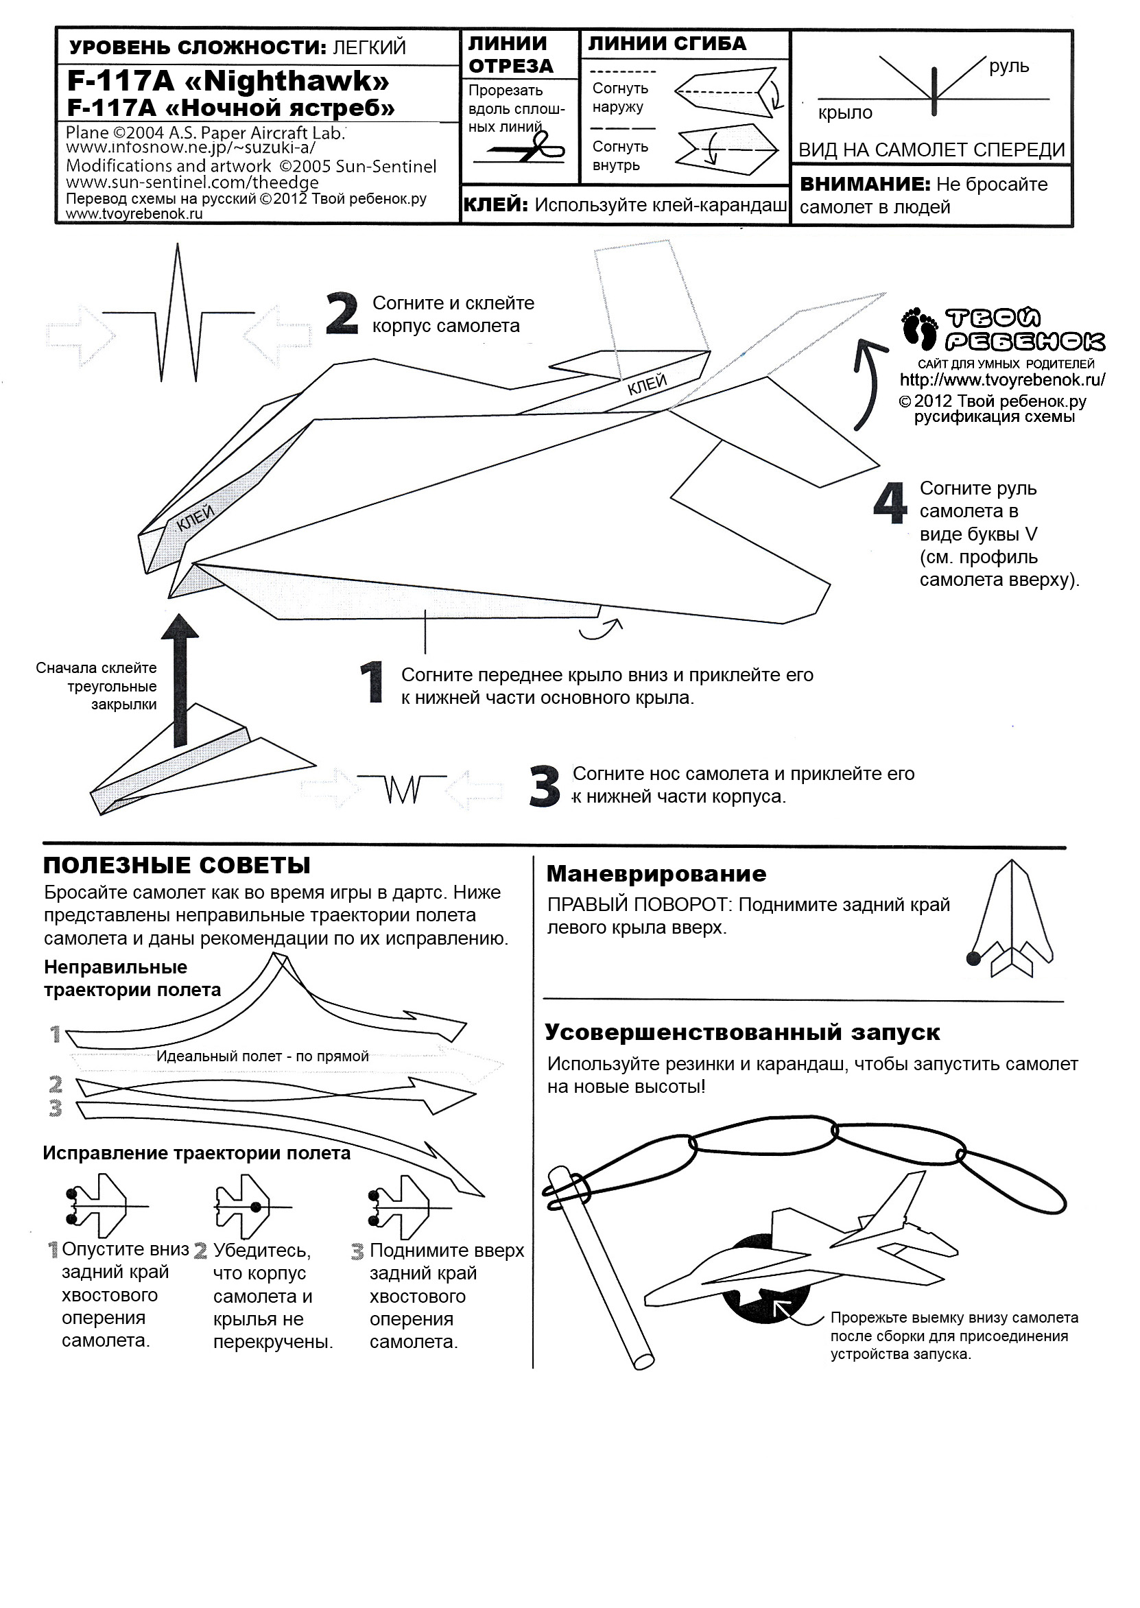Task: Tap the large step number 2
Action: [x=342, y=314]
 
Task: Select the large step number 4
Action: [x=890, y=504]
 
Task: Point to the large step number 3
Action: [x=545, y=786]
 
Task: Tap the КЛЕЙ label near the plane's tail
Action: [x=647, y=385]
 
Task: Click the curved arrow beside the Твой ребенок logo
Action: [x=865, y=383]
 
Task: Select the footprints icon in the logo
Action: [x=921, y=327]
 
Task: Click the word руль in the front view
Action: [x=1009, y=67]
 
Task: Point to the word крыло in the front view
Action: [x=845, y=113]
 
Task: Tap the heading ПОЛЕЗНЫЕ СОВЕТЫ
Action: [x=177, y=866]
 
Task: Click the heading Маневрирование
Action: [x=656, y=874]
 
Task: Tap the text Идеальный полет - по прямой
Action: [x=263, y=1056]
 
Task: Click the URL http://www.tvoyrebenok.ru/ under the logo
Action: [x=1002, y=381]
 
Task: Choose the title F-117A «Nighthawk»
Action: [x=228, y=82]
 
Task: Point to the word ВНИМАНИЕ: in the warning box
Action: [x=865, y=185]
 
